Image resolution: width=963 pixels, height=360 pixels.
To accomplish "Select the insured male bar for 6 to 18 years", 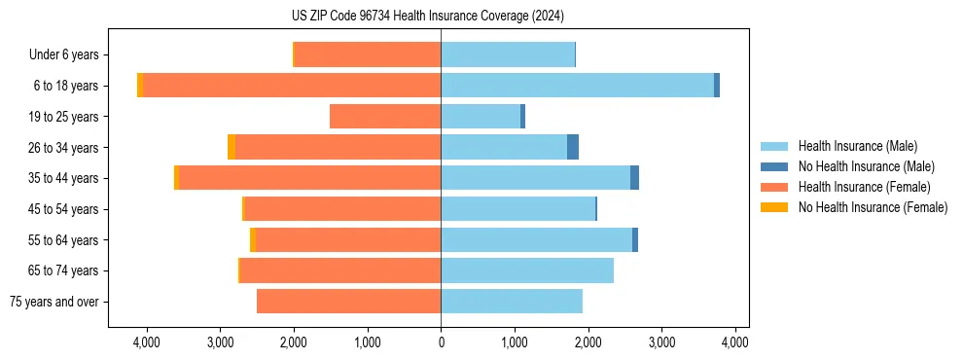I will (577, 86).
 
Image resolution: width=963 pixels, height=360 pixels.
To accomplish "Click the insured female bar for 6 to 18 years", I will (292, 86).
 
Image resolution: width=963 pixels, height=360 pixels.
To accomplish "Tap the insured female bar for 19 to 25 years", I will (385, 117).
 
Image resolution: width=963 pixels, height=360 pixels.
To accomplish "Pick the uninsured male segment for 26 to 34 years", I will (573, 147).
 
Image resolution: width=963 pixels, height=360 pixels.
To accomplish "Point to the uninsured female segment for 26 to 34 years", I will (232, 147).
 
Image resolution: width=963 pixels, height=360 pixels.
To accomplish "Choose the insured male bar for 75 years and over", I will (512, 302).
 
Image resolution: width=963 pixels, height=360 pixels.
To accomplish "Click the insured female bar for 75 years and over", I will (348, 302).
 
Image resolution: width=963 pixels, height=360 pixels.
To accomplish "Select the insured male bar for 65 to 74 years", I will (527, 270).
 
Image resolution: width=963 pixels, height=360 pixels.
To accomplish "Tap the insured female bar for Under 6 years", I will (368, 54).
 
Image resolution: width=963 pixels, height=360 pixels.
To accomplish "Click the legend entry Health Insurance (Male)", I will (857, 146).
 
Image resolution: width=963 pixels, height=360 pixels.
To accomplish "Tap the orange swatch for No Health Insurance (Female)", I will (774, 207).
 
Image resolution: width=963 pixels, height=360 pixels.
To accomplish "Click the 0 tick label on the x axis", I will (441, 342).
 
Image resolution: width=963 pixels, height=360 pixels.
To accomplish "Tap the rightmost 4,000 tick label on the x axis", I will (734, 342).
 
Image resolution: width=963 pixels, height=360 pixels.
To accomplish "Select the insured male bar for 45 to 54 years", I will (517, 209).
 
